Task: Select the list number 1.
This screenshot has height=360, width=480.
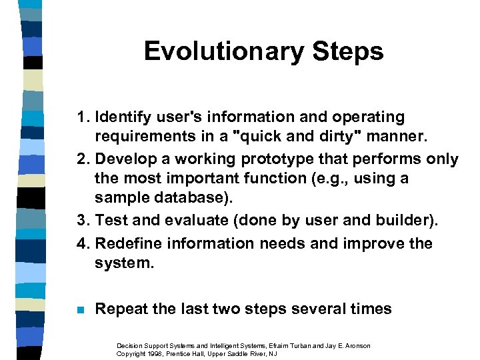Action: pos(81,117)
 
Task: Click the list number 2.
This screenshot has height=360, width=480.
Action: pos(81,159)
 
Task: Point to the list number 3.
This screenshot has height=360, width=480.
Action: pos(81,223)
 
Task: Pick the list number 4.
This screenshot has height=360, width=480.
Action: pos(81,244)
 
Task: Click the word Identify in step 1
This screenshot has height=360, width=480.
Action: pos(119,117)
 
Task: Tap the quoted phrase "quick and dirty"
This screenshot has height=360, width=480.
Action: pos(293,138)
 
